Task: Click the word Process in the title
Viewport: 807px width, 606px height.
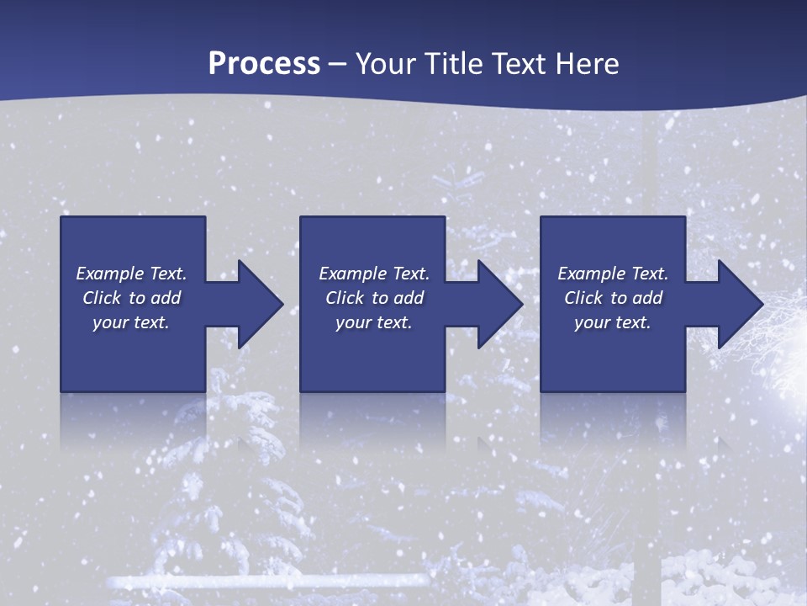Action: [x=264, y=64]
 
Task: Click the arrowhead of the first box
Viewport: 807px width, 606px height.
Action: [x=261, y=304]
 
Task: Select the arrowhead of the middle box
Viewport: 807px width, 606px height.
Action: [x=500, y=304]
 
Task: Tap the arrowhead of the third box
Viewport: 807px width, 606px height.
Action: [x=740, y=304]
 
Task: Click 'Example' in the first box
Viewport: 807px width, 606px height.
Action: [x=110, y=274]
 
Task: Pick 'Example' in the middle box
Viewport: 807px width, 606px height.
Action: [x=353, y=274]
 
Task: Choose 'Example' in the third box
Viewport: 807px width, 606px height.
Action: [x=592, y=274]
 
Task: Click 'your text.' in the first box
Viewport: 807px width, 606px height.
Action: [x=131, y=322]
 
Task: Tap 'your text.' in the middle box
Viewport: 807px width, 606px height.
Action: [x=374, y=322]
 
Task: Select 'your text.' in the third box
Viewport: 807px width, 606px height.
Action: [x=613, y=322]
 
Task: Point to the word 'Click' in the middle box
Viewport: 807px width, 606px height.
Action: [x=345, y=298]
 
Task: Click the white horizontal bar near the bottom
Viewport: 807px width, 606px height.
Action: [x=269, y=581]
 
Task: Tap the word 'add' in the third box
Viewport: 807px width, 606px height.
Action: [x=647, y=298]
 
